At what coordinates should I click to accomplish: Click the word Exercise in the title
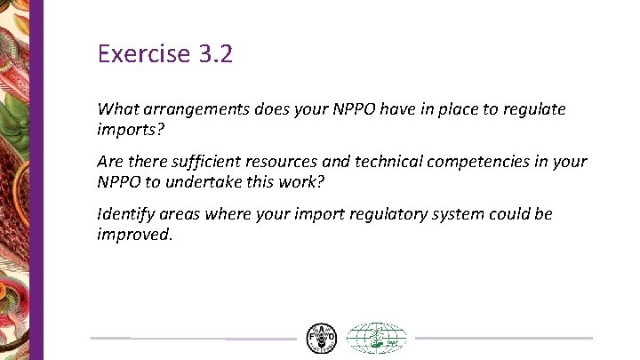click(141, 55)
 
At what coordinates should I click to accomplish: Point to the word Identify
click(129, 213)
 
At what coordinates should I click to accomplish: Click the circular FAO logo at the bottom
click(321, 339)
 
